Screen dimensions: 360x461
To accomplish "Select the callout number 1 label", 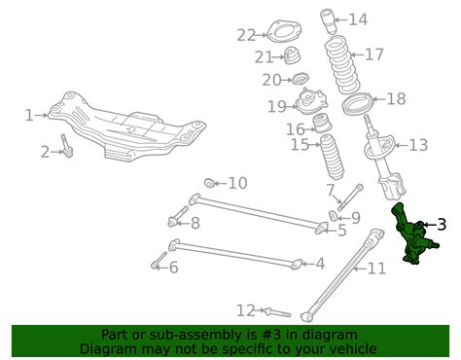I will point(29,115).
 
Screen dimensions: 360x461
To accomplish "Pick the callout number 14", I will point(358,19).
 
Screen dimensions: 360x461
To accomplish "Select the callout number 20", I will point(271,80).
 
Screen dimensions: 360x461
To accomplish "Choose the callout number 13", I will point(417,146).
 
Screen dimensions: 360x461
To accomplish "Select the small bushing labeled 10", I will point(210,182).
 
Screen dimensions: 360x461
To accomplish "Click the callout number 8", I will point(195,223).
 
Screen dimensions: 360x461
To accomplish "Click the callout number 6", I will point(173,267).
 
